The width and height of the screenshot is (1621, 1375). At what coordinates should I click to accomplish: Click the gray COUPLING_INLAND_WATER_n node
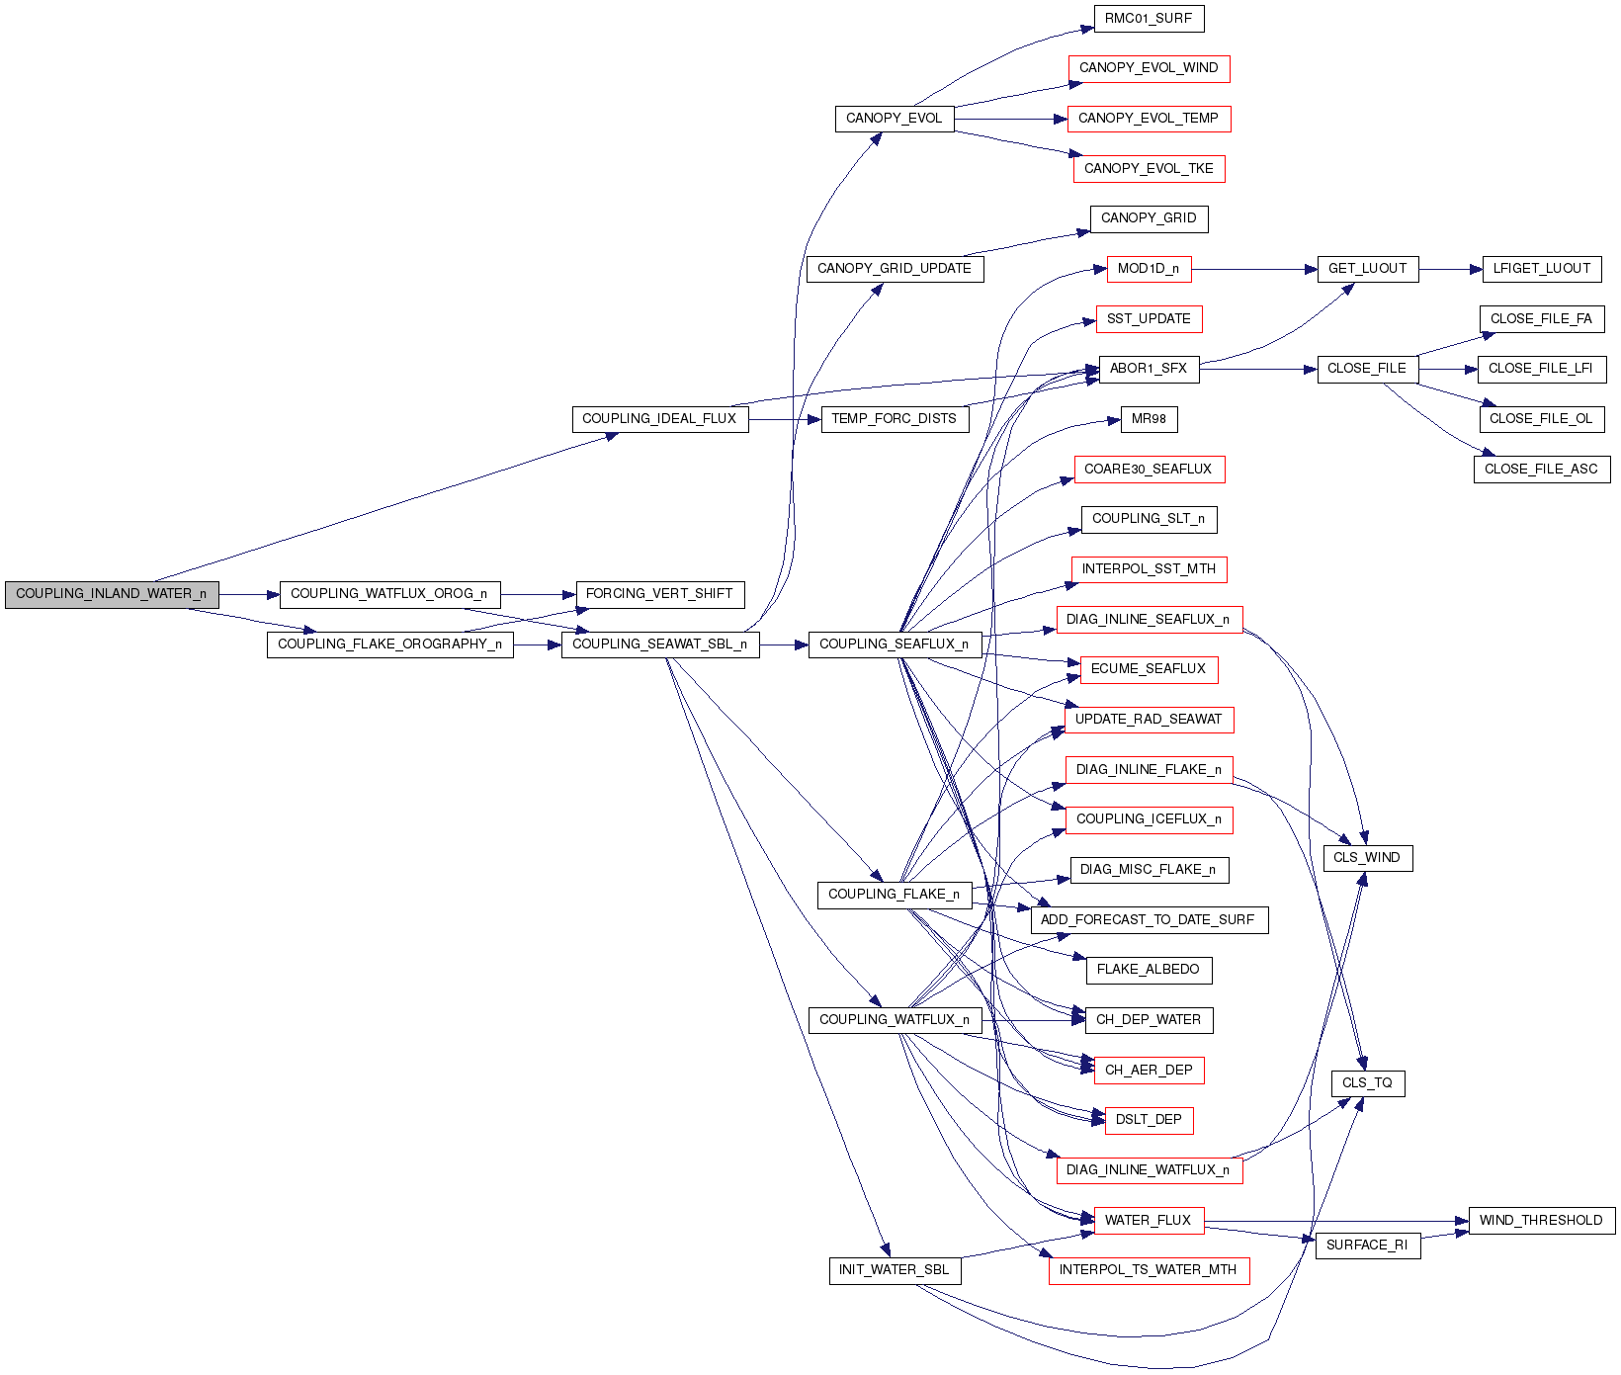pyautogui.click(x=112, y=594)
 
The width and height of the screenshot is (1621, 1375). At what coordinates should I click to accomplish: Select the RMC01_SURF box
pyautogui.click(x=1149, y=19)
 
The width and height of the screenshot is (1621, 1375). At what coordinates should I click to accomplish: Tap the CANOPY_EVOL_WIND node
pyautogui.click(x=1149, y=68)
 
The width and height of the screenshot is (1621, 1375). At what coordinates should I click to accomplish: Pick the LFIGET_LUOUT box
pyautogui.click(x=1541, y=269)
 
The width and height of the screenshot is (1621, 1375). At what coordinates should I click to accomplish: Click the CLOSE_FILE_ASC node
pyautogui.click(x=1541, y=470)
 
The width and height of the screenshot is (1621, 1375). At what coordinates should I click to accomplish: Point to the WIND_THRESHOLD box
pyautogui.click(x=1541, y=1221)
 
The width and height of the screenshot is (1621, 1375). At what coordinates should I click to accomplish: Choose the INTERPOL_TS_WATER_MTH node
pyautogui.click(x=1149, y=1270)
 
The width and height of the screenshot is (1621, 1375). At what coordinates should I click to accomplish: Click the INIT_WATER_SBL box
pyautogui.click(x=894, y=1270)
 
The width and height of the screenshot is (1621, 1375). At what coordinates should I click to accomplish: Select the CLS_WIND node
pyautogui.click(x=1367, y=858)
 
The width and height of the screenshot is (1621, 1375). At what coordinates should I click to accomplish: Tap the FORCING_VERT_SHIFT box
pyautogui.click(x=659, y=594)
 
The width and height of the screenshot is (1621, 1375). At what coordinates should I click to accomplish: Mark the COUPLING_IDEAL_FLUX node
pyautogui.click(x=659, y=419)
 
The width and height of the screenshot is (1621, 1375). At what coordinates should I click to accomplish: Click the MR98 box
pyautogui.click(x=1149, y=419)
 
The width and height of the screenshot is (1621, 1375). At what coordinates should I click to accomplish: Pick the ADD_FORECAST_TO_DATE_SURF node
pyautogui.click(x=1149, y=920)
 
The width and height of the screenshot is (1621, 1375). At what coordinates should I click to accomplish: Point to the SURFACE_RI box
pyautogui.click(x=1367, y=1246)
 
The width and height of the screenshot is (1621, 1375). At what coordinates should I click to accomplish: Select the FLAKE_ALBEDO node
pyautogui.click(x=1149, y=970)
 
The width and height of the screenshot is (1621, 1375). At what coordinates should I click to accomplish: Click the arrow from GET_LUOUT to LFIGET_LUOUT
pyautogui.click(x=1450, y=269)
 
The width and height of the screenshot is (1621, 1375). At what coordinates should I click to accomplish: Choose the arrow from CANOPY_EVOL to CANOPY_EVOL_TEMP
pyautogui.click(x=1010, y=119)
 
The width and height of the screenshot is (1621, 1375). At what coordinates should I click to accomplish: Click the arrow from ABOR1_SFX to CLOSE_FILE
pyautogui.click(x=1257, y=369)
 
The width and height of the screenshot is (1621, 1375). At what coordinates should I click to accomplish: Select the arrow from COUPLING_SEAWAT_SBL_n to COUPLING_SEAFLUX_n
pyautogui.click(x=784, y=645)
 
